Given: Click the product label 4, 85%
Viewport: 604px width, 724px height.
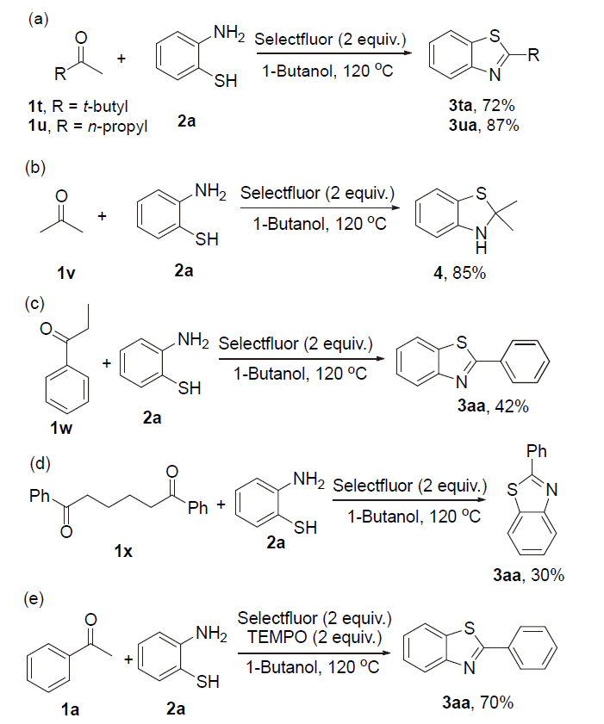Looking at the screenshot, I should pyautogui.click(x=466, y=275).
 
